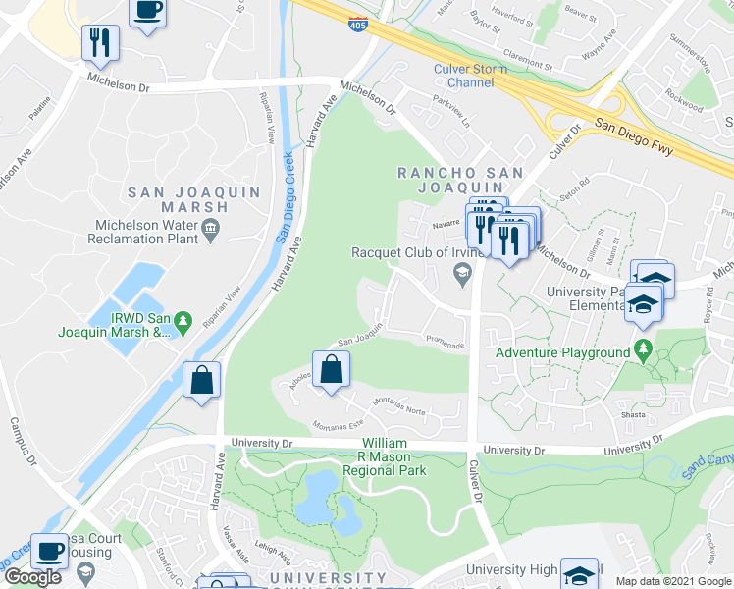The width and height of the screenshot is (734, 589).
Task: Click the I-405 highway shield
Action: [361, 24]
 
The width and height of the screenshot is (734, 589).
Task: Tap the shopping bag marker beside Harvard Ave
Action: [201, 380]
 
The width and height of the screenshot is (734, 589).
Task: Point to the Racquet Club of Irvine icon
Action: [461, 279]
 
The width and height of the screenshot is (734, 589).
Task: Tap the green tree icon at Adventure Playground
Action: [643, 348]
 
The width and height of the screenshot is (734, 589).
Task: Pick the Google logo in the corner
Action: [32, 576]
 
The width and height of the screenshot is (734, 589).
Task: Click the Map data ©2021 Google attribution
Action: [673, 581]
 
